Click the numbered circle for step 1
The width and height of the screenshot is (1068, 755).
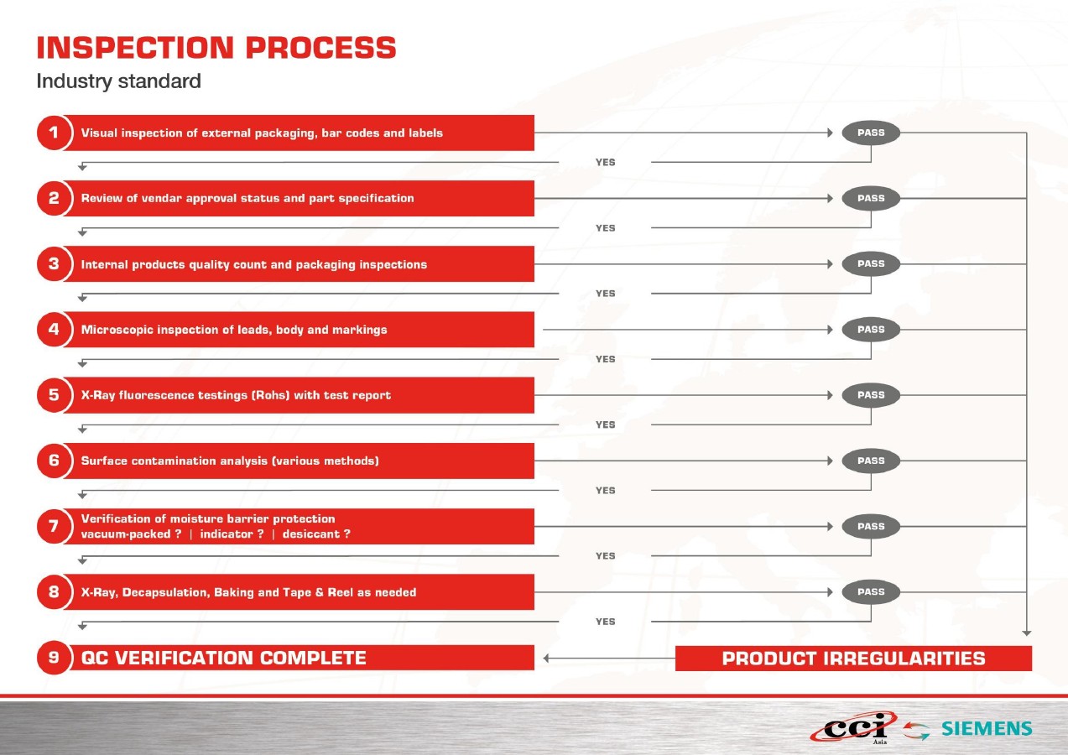(54, 133)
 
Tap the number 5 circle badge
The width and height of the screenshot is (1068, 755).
(54, 395)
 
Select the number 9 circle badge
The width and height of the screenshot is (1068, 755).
(54, 658)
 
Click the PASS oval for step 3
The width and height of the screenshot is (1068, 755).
(871, 263)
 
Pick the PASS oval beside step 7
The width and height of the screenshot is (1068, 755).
(871, 526)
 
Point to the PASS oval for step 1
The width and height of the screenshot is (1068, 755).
(871, 133)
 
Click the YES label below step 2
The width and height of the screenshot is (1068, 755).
(605, 228)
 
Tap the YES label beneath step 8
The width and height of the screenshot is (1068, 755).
(605, 622)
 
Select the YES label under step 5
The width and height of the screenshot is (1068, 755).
(605, 424)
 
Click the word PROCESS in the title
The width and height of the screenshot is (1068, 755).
(320, 48)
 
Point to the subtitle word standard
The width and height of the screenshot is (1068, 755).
(159, 81)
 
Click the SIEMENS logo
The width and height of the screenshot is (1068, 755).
(987, 729)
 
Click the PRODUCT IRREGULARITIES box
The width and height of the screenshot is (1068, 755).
(853, 659)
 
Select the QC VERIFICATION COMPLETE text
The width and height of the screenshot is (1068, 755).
(224, 658)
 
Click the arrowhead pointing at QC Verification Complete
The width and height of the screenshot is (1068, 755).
(546, 659)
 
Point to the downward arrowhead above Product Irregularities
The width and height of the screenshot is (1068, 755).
(1027, 633)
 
